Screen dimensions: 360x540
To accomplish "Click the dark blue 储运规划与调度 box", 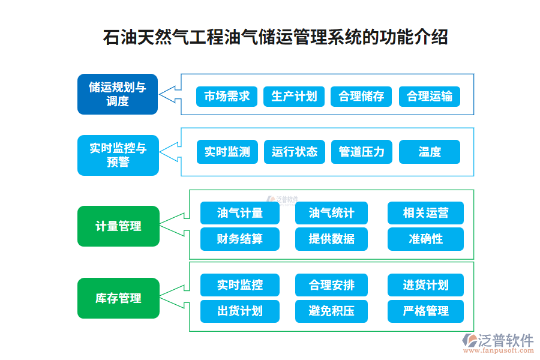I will [x=118, y=94].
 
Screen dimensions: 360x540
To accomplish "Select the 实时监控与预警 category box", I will [x=118, y=155].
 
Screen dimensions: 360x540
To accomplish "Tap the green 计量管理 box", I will [x=118, y=226].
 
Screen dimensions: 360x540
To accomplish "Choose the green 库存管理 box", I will [x=118, y=298].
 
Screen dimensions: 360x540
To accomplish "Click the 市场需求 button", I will [x=227, y=97].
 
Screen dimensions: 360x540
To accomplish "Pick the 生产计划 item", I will [x=294, y=97].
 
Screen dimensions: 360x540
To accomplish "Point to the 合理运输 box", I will [x=429, y=97].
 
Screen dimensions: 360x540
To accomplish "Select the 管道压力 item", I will [x=361, y=152].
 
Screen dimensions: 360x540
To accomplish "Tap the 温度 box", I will [x=429, y=152].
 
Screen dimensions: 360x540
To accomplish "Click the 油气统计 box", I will [x=331, y=213].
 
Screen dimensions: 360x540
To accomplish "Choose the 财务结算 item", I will [x=239, y=239].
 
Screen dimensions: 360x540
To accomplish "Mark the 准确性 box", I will [x=425, y=239].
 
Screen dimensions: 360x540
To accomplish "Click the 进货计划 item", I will [x=425, y=285].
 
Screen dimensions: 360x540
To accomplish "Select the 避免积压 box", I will [x=331, y=311].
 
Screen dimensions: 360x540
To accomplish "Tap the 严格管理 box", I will [x=425, y=311].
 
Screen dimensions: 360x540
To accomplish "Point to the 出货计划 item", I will [x=239, y=311].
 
